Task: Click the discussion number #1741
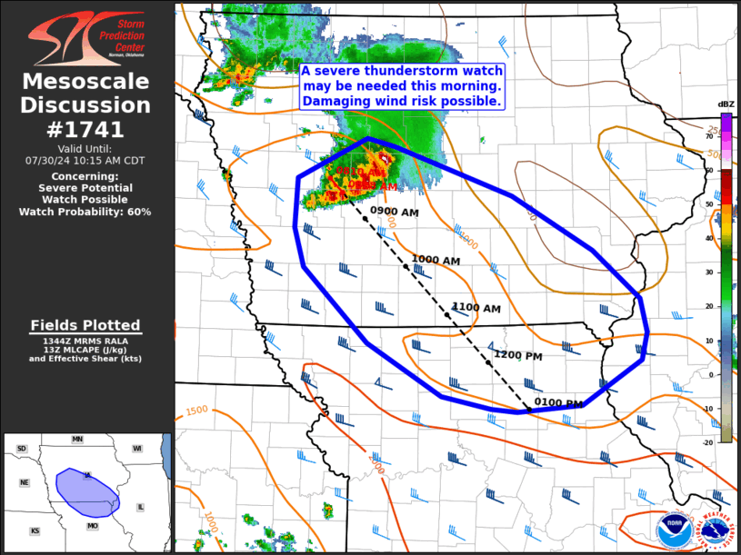86,130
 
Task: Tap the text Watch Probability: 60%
85,212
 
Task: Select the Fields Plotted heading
85,325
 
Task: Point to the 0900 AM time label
395,212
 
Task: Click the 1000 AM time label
436,260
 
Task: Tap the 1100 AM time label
476,309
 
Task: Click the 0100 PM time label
558,403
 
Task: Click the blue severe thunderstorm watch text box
402,87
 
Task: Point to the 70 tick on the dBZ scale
709,135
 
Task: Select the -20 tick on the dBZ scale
707,442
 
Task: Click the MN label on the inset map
77,440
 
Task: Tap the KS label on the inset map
35,530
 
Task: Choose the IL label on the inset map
140,507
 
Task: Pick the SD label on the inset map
22,449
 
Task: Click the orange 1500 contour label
197,411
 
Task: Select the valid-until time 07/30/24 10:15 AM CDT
85,160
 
